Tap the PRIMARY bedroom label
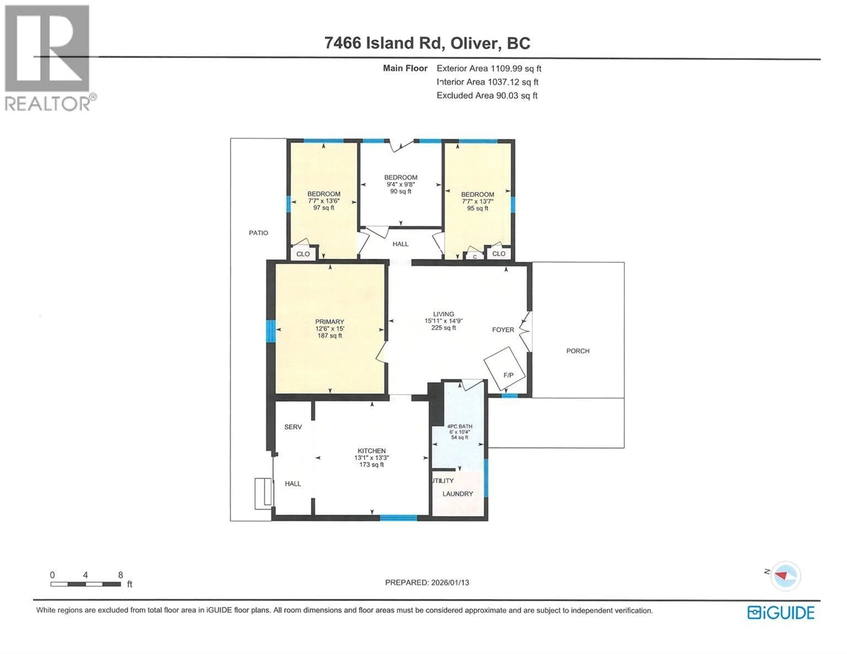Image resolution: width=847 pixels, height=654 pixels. click(x=330, y=321)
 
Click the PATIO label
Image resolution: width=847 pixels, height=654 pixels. click(x=258, y=233)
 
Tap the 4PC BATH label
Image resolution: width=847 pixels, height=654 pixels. click(x=460, y=426)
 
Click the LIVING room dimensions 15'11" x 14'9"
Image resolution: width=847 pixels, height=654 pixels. click(x=444, y=321)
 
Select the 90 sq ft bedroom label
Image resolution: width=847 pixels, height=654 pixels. click(x=401, y=191)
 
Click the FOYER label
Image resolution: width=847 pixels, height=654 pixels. click(x=503, y=330)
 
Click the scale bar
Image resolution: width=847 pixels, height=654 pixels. click(x=85, y=584)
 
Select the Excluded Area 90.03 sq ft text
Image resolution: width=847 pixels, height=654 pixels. click(x=487, y=95)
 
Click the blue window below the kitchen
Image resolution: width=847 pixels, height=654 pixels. click(x=398, y=518)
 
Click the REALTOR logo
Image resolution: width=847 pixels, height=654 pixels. click(x=47, y=58)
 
